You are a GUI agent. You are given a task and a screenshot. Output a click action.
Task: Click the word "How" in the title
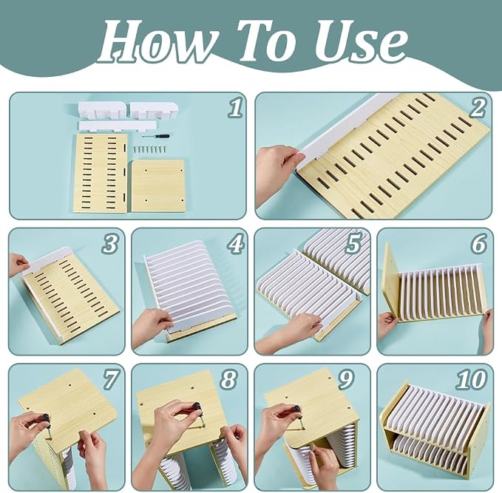click(x=156, y=41)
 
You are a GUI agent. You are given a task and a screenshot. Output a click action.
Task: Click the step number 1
click(x=235, y=108)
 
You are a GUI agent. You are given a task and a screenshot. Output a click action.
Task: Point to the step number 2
click(x=478, y=108)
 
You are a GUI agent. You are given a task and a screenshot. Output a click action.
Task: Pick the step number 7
click(x=111, y=380)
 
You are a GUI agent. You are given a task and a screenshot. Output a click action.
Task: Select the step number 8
click(x=228, y=380)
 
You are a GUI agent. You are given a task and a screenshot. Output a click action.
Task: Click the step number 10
click(x=472, y=380)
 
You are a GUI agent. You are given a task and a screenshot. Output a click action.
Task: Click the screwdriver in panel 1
click(x=156, y=136)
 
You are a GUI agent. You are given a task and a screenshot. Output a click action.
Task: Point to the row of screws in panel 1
click(x=150, y=149)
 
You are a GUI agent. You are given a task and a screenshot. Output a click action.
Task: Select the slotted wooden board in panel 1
click(x=101, y=173)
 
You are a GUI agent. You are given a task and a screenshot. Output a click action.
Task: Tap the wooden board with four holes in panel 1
click(x=158, y=186)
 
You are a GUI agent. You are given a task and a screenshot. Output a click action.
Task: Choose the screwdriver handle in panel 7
click(x=47, y=418)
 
